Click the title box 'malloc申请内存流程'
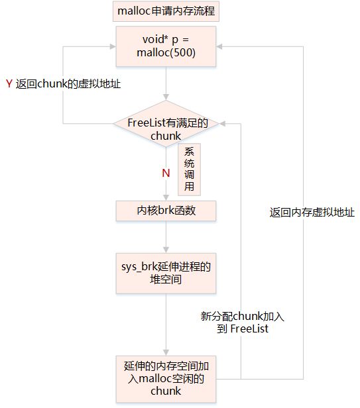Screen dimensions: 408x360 [166, 11]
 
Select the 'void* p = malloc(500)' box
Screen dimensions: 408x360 [166, 46]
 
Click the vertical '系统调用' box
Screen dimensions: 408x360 [189, 170]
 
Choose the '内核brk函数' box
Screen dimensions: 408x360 [166, 211]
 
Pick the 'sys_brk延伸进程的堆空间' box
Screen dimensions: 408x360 [166, 272]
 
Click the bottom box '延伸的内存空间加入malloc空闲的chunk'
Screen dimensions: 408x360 [166, 378]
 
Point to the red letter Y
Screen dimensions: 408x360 [9, 84]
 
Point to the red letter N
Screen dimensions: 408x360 [166, 174]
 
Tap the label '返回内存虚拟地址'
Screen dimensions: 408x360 [312, 213]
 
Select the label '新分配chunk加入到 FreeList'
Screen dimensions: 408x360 [243, 322]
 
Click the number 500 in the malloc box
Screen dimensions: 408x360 [184, 53]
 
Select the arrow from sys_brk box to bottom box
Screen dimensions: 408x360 [166, 325]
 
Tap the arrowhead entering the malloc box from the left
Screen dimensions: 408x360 [111, 46]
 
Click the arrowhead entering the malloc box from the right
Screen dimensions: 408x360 [221, 46]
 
